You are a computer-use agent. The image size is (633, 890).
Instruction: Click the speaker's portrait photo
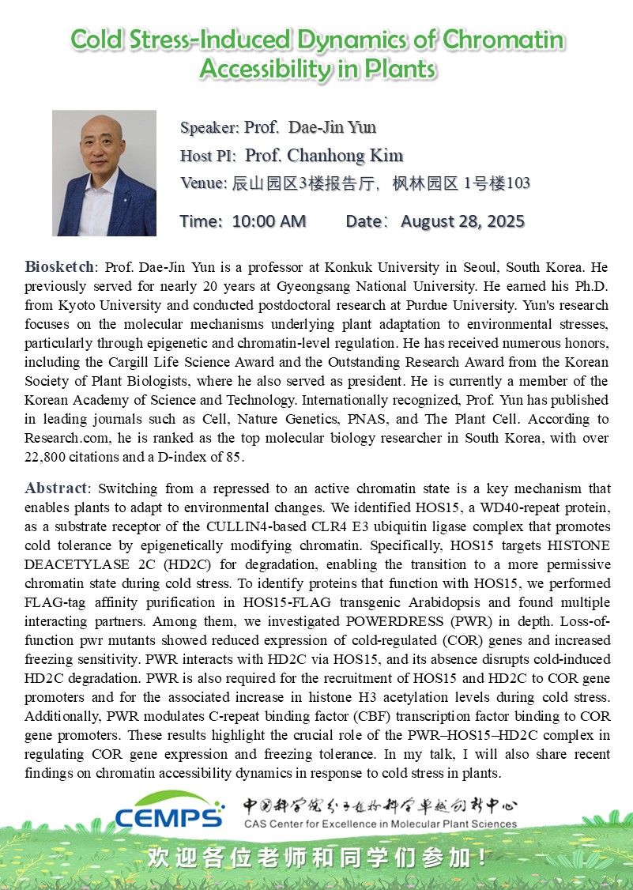[104, 173]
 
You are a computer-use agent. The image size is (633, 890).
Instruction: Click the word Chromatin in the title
[503, 40]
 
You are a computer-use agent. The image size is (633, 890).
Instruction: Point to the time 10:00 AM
[269, 221]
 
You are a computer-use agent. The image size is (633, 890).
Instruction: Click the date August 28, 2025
[462, 221]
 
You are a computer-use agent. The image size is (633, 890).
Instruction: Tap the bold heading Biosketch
[59, 266]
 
